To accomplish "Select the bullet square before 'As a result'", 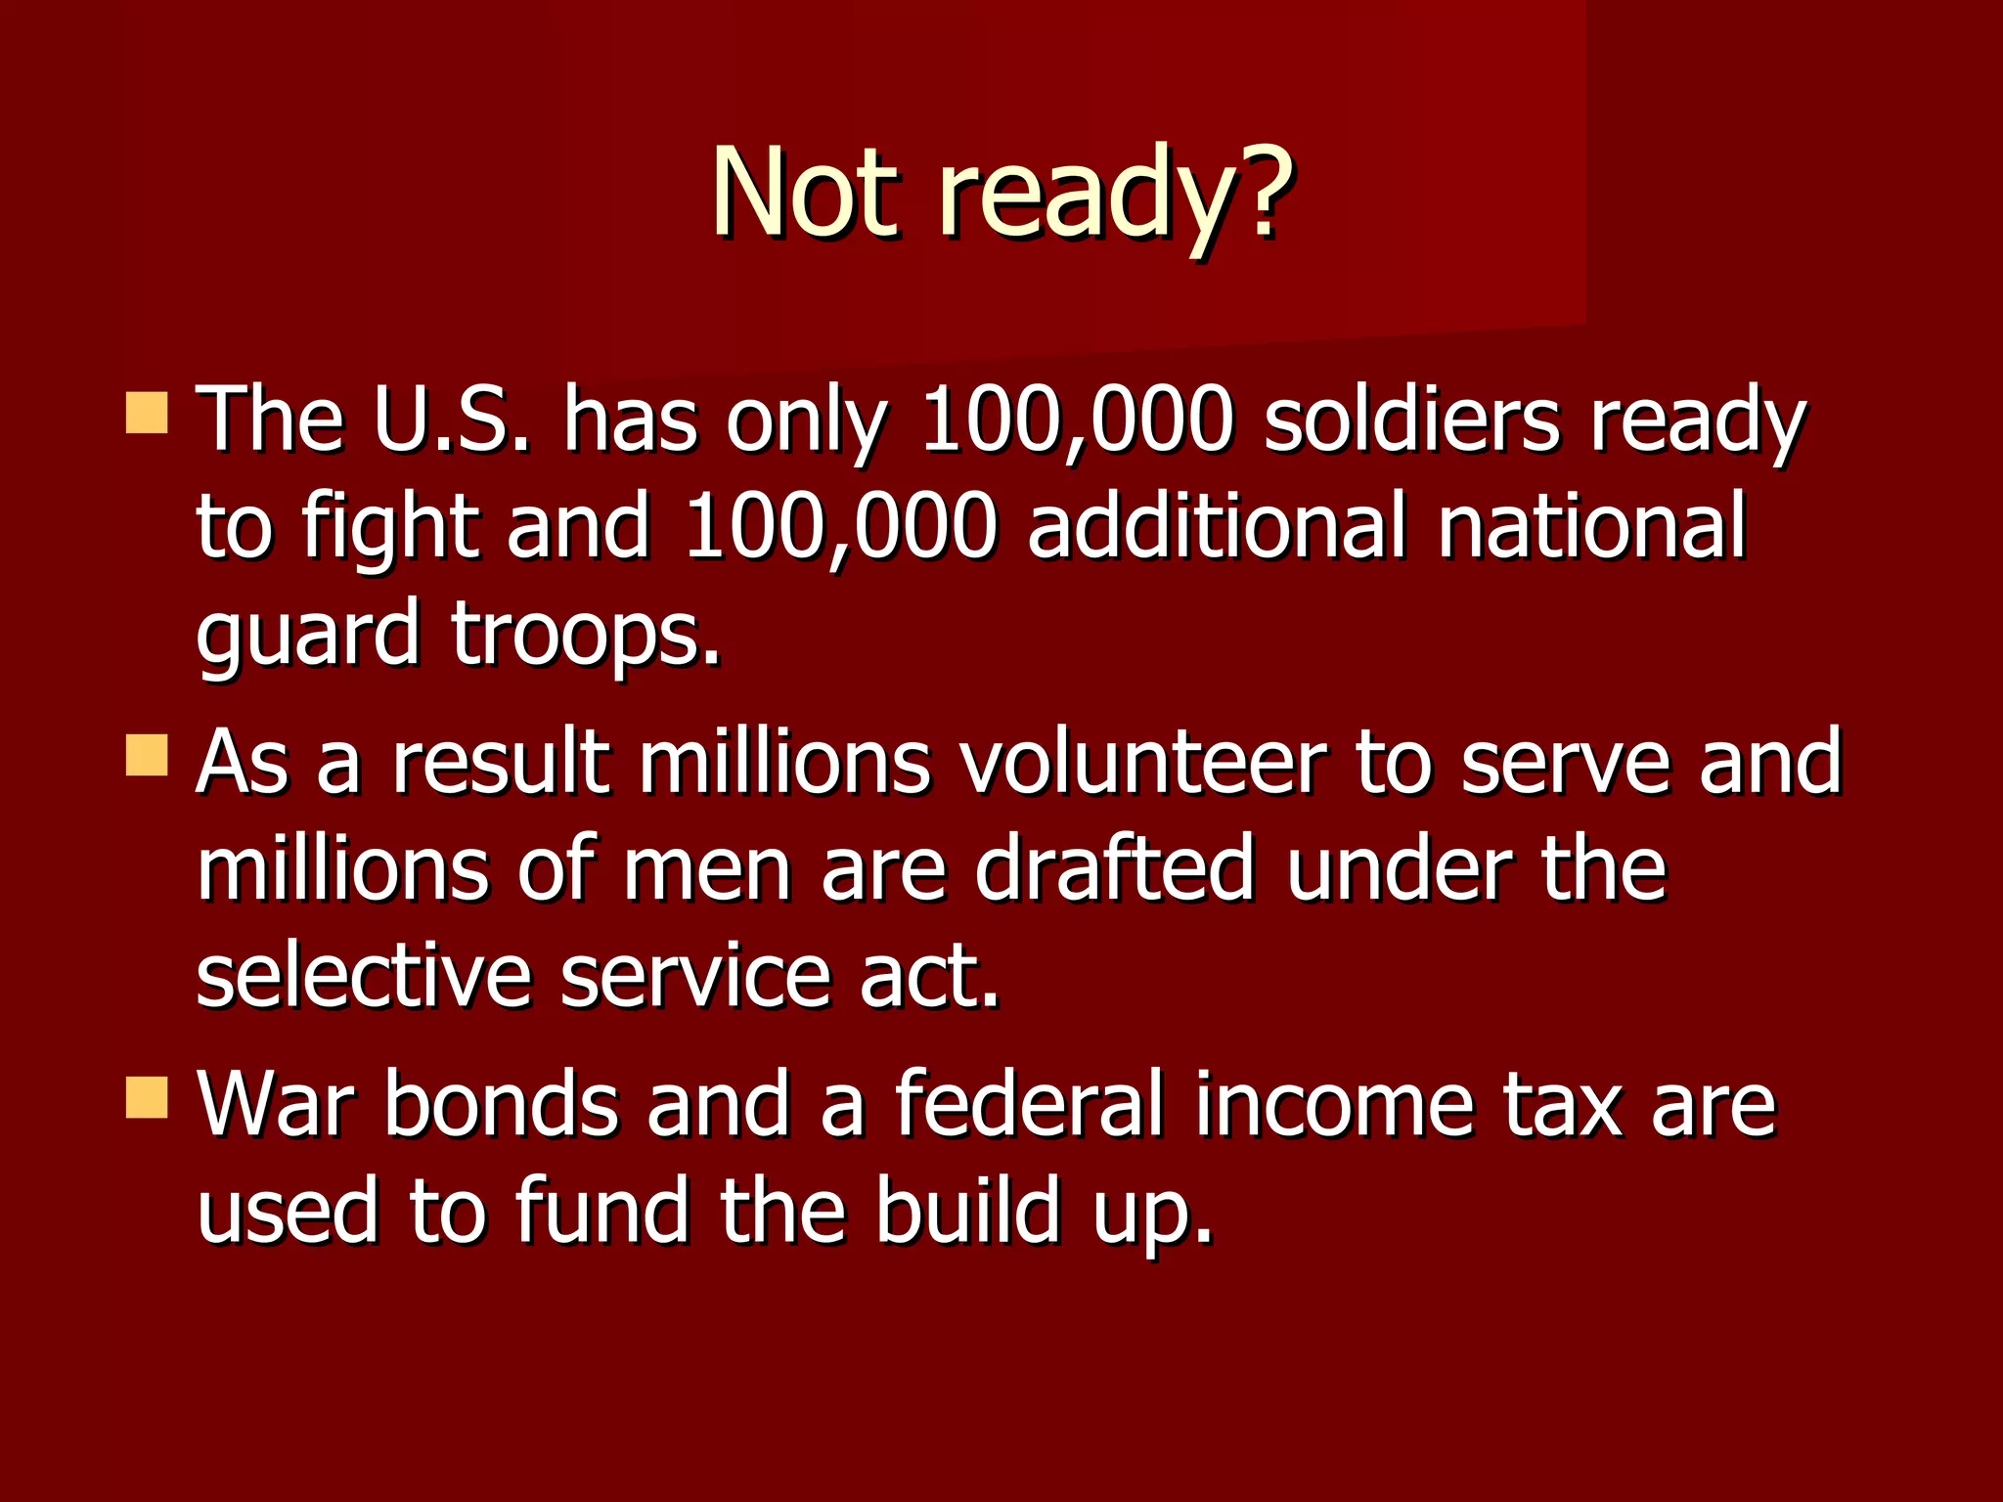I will pyautogui.click(x=147, y=756).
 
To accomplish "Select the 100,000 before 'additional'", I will pyautogui.click(x=841, y=528).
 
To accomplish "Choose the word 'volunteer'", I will pyautogui.click(x=1143, y=763).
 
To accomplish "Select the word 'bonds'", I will pyautogui.click(x=502, y=1105).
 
